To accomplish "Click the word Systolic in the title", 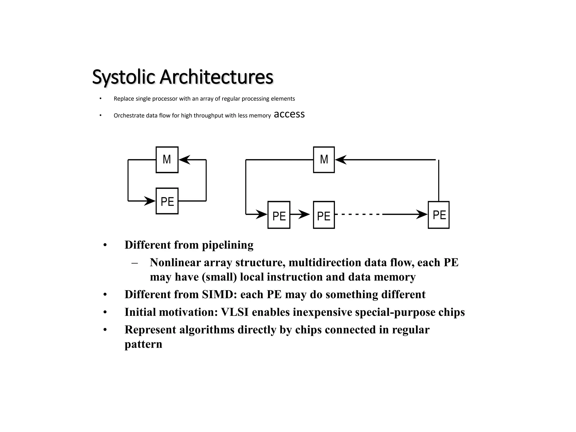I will [x=123, y=77].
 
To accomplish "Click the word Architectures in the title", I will [x=216, y=77].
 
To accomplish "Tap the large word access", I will [x=289, y=114].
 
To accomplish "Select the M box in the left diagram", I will [x=167, y=160].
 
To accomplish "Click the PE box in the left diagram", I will [x=167, y=201].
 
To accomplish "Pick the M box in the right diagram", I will [x=324, y=160].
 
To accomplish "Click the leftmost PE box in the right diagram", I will [x=279, y=215].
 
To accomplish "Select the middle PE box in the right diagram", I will [x=324, y=215].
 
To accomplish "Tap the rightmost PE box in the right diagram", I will [x=438, y=215].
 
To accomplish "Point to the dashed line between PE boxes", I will [x=359, y=214].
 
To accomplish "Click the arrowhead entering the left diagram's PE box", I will [x=150, y=201].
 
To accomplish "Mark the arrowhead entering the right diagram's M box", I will [x=341, y=160].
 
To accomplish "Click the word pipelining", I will [x=228, y=245].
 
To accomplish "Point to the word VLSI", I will [x=235, y=312].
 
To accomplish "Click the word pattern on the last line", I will [x=143, y=344].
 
